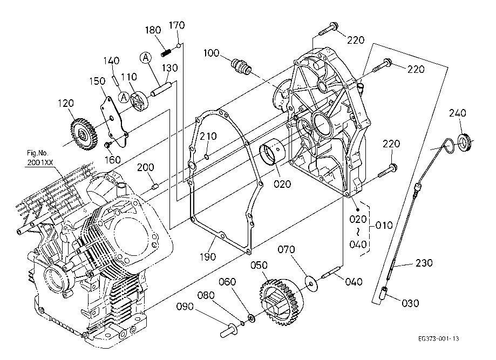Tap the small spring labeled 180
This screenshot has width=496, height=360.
pos(167,52)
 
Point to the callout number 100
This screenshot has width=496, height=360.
pos(212,53)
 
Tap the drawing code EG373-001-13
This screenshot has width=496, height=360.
pos(438,339)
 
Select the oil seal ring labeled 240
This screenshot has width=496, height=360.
pos(464,142)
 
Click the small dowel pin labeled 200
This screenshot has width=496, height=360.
pos(154,187)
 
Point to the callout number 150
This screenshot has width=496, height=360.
pos(98,81)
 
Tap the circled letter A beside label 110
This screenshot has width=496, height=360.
pos(124,98)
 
